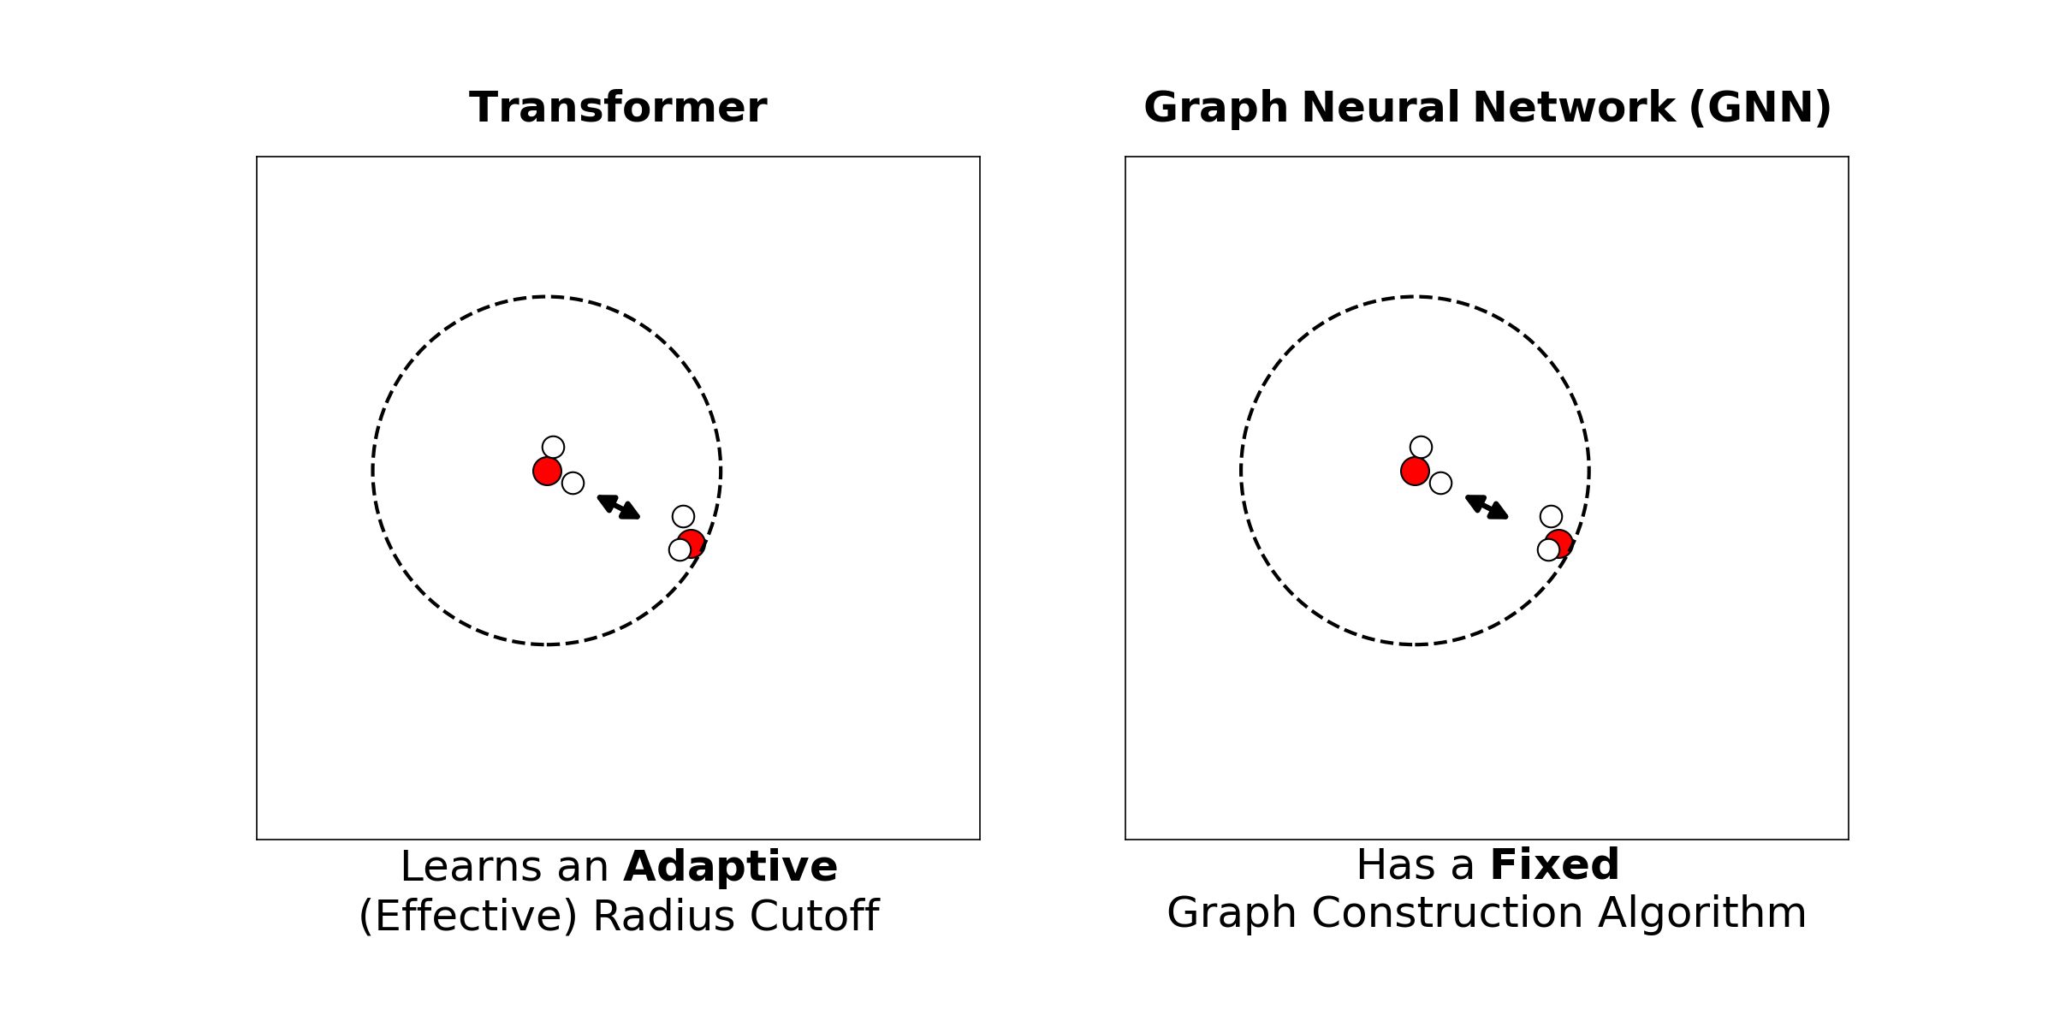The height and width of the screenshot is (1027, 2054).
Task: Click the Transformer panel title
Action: (x=617, y=108)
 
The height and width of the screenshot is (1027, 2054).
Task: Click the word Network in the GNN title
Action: (x=1573, y=108)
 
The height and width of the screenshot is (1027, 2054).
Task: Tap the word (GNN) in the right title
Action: (x=1760, y=108)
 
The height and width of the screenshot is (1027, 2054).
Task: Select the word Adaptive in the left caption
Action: (x=730, y=867)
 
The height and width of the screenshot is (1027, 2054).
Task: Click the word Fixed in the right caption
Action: (x=1554, y=864)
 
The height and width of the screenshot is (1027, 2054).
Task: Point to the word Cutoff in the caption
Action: (x=814, y=916)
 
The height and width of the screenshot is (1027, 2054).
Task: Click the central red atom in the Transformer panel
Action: (x=547, y=471)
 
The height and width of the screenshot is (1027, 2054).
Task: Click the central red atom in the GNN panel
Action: (x=1415, y=471)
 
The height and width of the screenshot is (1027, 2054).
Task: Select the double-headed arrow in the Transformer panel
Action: (x=619, y=507)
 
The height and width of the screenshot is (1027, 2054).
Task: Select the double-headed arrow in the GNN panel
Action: (x=1487, y=507)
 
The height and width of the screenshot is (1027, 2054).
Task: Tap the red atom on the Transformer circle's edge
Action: (x=693, y=542)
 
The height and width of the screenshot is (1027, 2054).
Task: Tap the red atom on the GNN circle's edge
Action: (x=1561, y=542)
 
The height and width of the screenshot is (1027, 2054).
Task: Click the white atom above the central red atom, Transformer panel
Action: (x=553, y=447)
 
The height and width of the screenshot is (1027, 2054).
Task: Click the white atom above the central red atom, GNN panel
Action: (x=1421, y=447)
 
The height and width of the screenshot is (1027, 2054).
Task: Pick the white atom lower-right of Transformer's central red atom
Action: (x=573, y=483)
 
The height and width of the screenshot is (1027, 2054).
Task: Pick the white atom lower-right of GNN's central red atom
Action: (x=1440, y=483)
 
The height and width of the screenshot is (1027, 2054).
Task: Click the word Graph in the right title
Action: (x=1215, y=108)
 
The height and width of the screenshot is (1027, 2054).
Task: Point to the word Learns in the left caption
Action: (x=471, y=867)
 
